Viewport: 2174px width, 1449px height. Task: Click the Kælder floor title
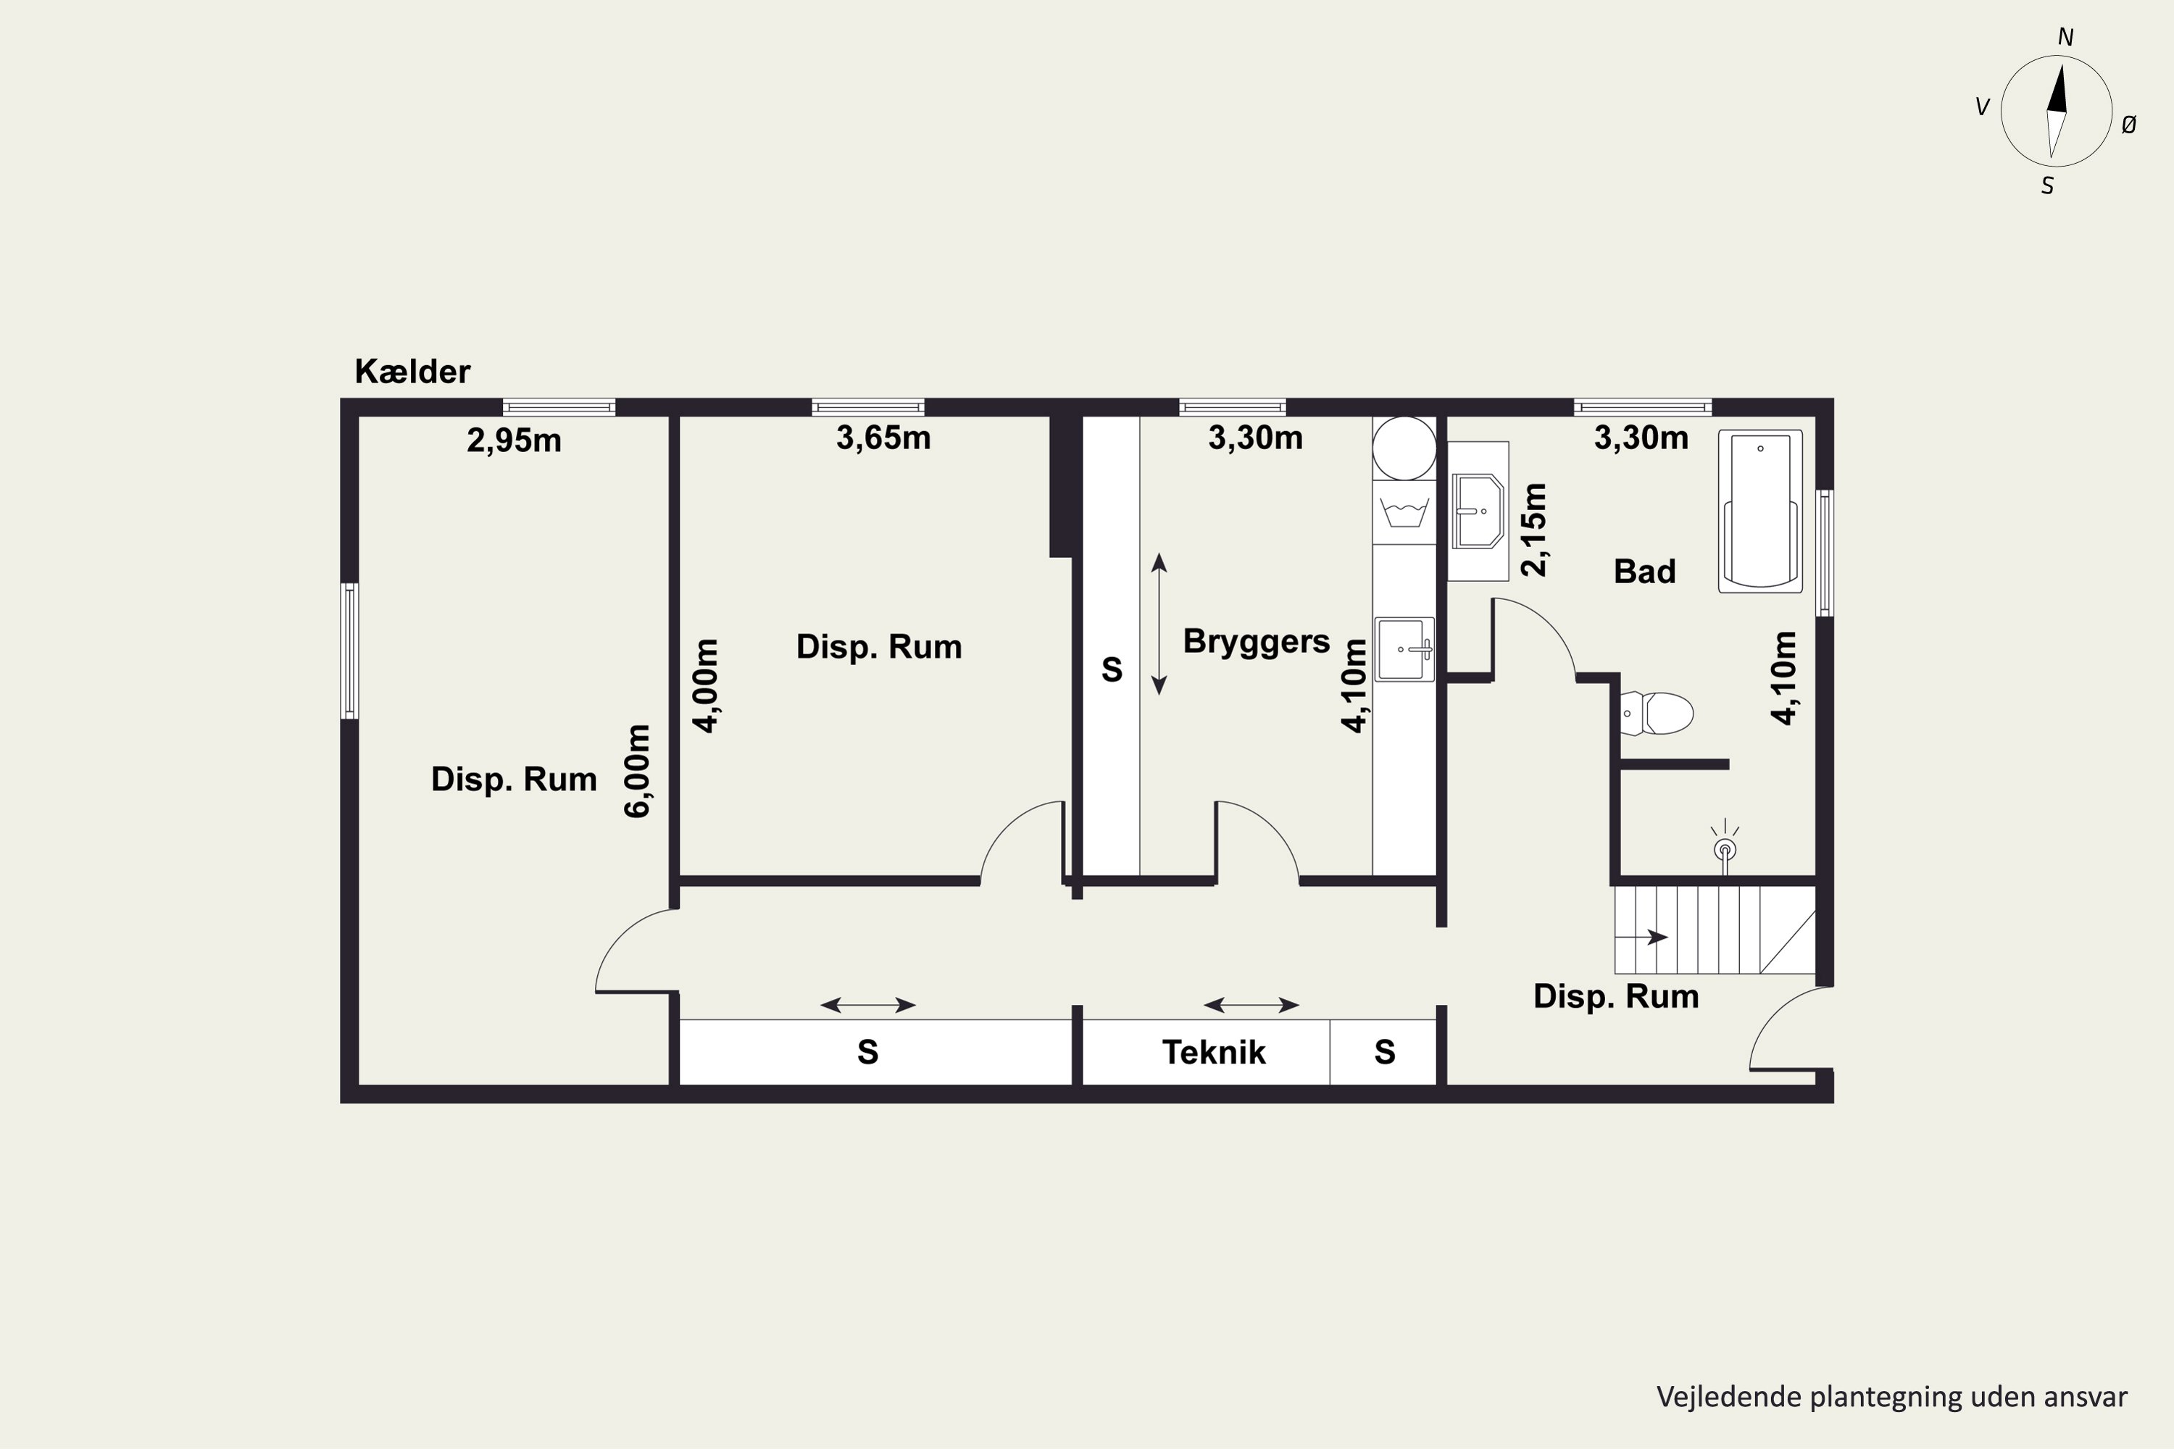point(412,372)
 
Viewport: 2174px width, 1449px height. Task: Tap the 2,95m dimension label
point(514,440)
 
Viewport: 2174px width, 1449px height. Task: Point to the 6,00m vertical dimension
point(638,771)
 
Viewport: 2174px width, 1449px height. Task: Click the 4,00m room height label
point(705,685)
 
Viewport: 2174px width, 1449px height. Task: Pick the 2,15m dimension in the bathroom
point(1533,530)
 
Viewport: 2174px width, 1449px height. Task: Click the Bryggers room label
point(1256,642)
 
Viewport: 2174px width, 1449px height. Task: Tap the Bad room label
point(1644,571)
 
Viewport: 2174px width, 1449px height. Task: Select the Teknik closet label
point(1214,1052)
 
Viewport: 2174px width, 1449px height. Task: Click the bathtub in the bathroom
point(1760,511)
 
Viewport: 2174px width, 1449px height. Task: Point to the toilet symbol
point(1657,714)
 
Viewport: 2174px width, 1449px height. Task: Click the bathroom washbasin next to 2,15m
point(1478,511)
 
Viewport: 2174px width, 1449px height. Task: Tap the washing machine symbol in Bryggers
point(1404,511)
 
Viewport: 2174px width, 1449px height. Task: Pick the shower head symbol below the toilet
point(1725,846)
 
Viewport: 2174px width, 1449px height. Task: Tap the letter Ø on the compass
point(2129,124)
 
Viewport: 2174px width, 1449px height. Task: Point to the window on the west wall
point(349,651)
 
